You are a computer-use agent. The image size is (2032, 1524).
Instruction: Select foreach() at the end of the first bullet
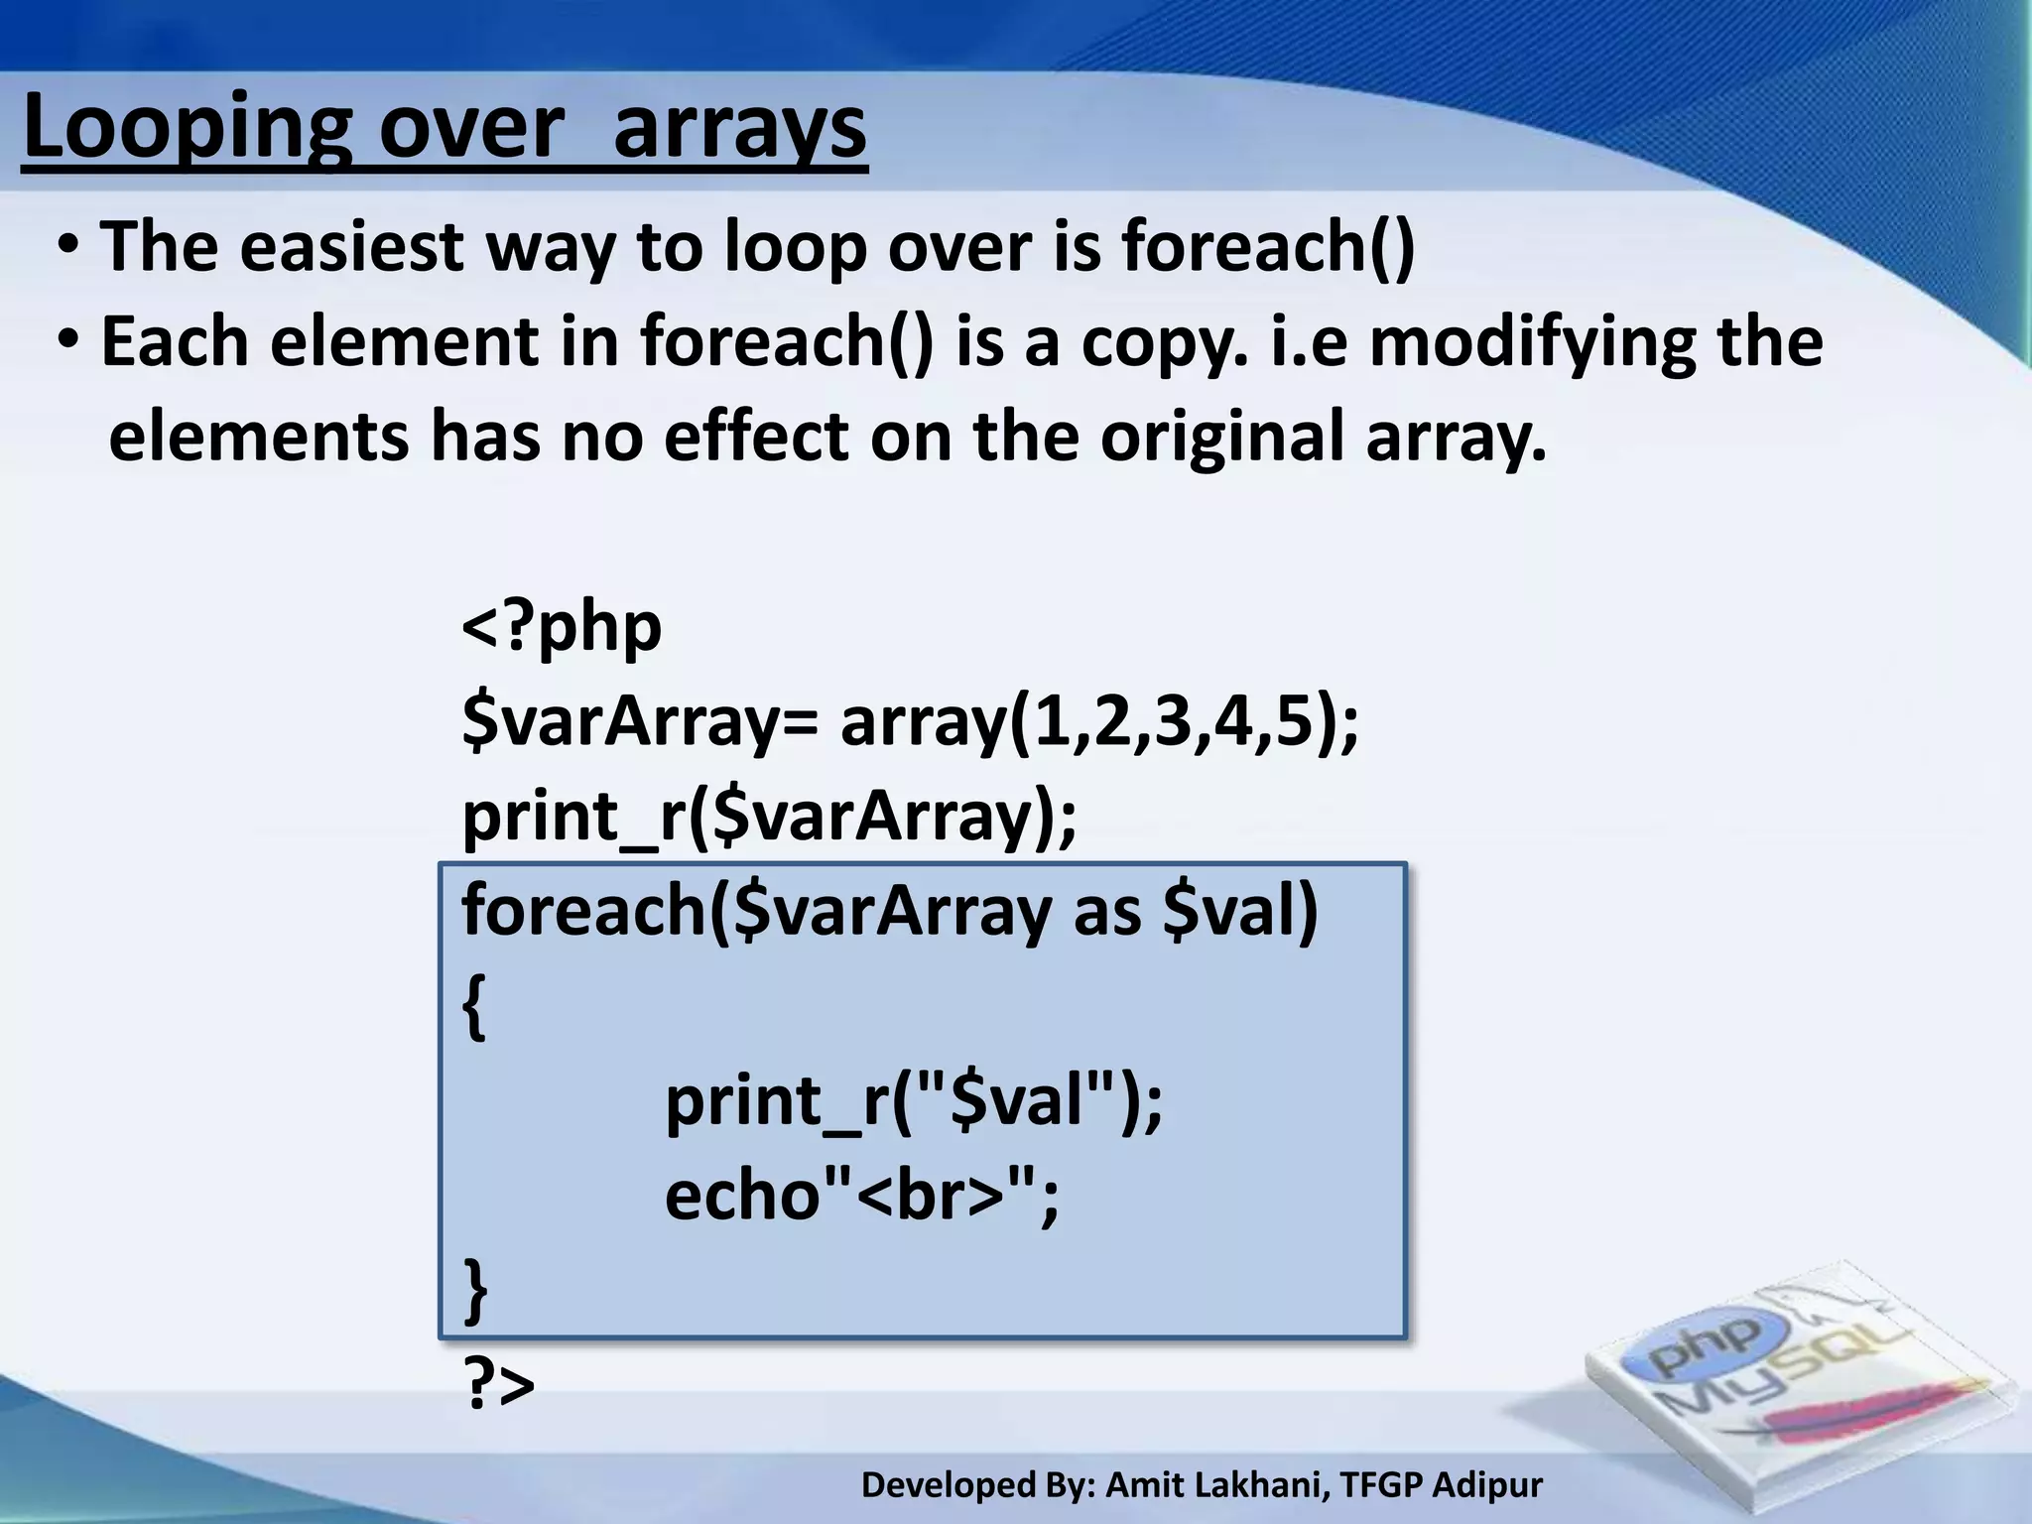(x=1268, y=246)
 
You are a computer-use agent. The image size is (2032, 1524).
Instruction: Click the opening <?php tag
(x=562, y=627)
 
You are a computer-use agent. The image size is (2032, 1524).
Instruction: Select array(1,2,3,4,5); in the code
(x=1099, y=722)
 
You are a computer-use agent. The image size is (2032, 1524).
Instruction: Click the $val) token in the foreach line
(x=1240, y=911)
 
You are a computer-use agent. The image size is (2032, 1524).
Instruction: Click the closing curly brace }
(x=476, y=1290)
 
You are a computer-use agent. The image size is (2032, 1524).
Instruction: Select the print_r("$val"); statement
(x=913, y=1101)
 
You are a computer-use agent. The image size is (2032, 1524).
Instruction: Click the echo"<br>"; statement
(x=861, y=1195)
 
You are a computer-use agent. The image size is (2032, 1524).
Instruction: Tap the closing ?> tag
(x=500, y=1385)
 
